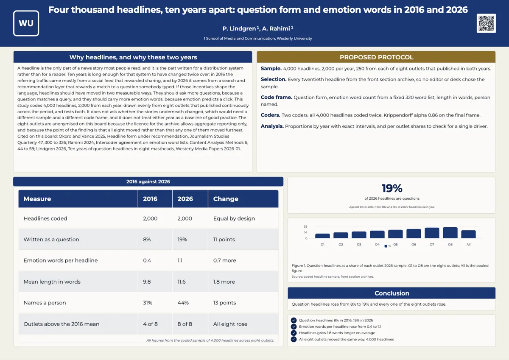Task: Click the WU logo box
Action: [26, 23]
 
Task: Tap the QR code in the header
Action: [486, 23]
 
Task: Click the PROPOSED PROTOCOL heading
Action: [376, 57]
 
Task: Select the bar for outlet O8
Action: [450, 233]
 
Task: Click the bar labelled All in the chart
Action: [468, 234]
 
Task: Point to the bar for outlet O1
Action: [322, 236]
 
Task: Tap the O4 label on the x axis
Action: [377, 244]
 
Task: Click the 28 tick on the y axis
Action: [305, 226]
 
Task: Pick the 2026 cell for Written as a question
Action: [182, 240]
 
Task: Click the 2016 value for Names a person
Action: [148, 303]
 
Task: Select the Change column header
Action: [226, 199]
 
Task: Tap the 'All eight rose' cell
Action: [230, 324]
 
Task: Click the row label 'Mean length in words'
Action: [52, 282]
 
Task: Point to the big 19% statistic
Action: [392, 188]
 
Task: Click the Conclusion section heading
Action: [392, 293]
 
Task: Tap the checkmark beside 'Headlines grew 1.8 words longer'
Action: [294, 333]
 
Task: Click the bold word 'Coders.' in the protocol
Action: [271, 115]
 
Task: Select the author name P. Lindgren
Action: [239, 28]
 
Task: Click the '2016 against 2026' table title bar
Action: [148, 181]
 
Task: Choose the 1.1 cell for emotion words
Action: [180, 260]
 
